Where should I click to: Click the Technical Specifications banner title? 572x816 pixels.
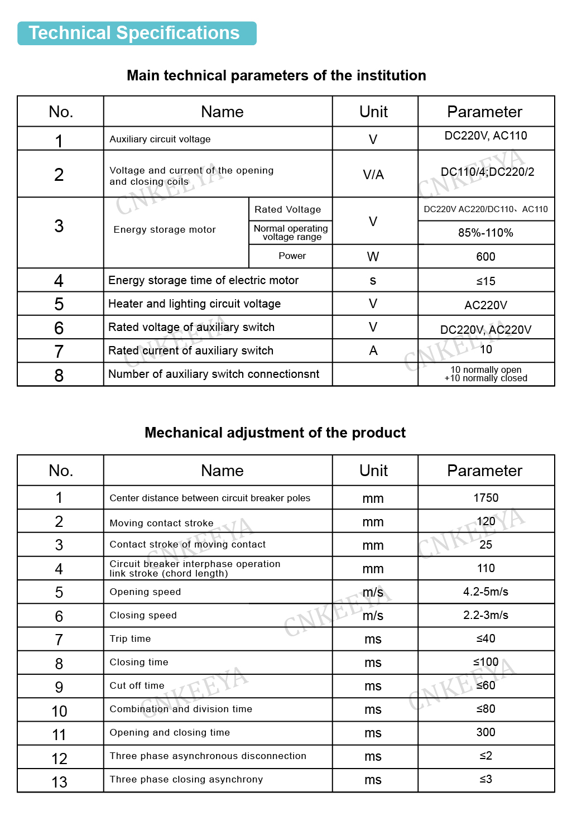(134, 33)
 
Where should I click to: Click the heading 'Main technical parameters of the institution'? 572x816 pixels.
(276, 75)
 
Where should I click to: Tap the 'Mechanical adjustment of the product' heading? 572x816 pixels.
(275, 433)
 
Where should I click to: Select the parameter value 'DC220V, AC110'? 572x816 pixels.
(486, 136)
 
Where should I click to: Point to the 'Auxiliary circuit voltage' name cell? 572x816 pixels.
(160, 139)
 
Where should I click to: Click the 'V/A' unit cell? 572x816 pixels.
(373, 175)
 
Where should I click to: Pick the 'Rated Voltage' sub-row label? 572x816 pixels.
(288, 209)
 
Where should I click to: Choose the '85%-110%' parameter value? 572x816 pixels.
(486, 233)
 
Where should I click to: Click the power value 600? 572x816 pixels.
(486, 257)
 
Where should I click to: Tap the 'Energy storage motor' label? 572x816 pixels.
(165, 229)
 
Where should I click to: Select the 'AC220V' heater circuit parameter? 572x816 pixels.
(486, 305)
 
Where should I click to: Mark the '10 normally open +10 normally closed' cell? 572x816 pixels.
(486, 374)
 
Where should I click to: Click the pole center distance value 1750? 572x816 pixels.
(486, 498)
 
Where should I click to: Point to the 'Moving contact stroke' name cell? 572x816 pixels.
(161, 523)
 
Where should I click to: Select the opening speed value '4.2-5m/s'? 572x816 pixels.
(486, 592)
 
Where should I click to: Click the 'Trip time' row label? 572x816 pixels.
(130, 639)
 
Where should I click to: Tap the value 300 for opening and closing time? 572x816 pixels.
(486, 732)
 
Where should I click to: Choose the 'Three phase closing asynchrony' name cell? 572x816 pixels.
(186, 779)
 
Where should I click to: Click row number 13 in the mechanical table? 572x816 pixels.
(59, 782)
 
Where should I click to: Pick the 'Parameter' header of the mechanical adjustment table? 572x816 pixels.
(484, 471)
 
